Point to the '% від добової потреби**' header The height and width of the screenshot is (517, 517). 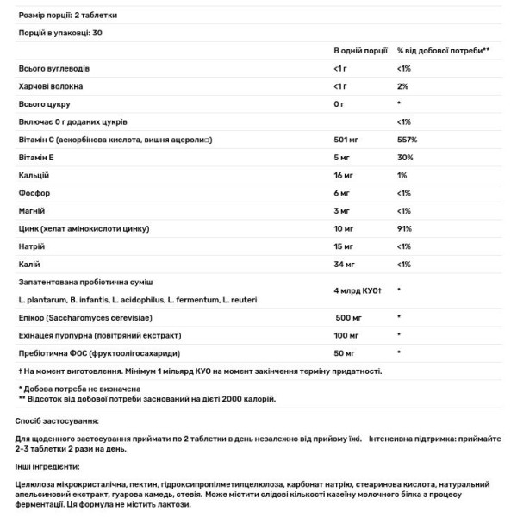pos(443,51)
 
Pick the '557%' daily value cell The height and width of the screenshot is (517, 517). pos(407,140)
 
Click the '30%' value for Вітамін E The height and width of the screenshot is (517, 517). pos(404,158)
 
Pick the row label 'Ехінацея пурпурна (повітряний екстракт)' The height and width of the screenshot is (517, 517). pos(99,335)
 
